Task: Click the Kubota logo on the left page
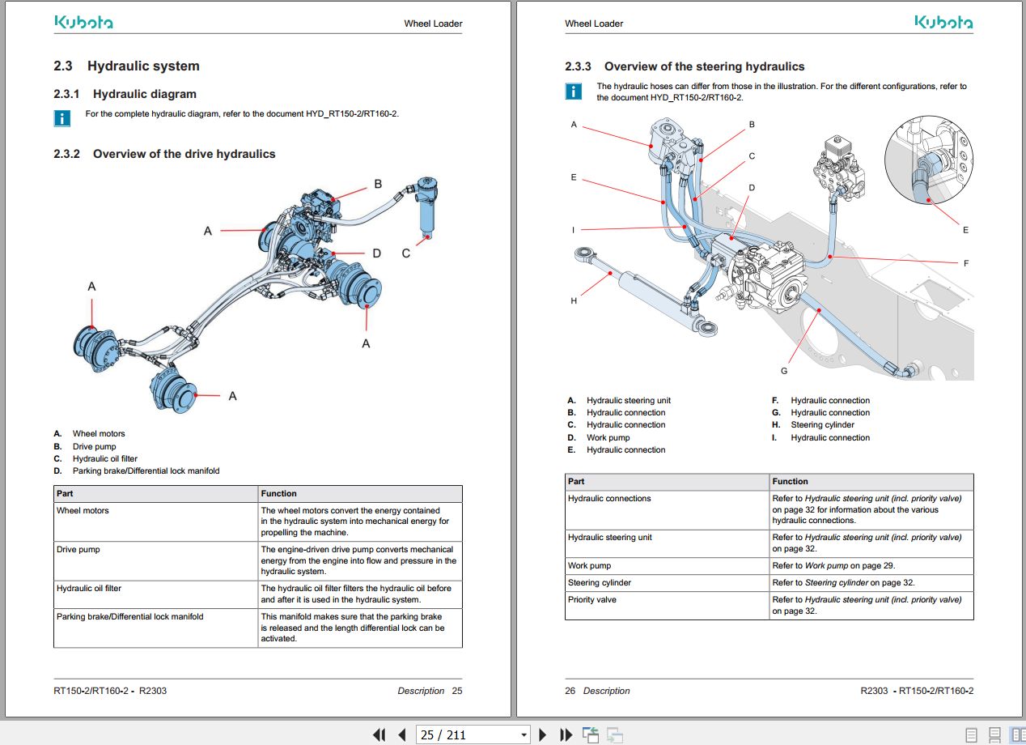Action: point(83,23)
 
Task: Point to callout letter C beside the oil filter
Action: point(406,253)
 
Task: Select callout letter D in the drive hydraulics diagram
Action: point(376,253)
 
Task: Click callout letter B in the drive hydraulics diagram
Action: point(377,185)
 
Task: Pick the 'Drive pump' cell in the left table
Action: point(78,550)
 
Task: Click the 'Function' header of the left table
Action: point(279,493)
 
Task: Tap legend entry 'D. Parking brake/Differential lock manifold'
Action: point(146,470)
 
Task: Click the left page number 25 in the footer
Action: point(457,691)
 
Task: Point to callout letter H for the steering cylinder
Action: point(574,301)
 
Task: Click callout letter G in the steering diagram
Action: point(783,371)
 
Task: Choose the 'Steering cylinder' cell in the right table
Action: point(600,582)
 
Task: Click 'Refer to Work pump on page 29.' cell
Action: point(833,565)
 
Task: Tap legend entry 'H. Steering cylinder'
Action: point(822,424)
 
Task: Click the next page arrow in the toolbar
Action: point(543,734)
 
